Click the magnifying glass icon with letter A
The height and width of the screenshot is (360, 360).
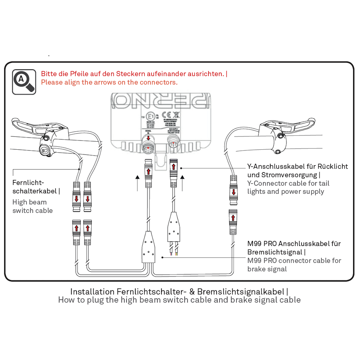(x=24, y=82)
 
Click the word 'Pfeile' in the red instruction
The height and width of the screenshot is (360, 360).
(x=79, y=74)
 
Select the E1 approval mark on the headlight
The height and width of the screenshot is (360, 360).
(x=150, y=116)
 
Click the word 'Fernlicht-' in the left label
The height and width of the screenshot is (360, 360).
(x=28, y=182)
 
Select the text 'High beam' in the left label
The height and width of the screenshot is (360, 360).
(x=29, y=202)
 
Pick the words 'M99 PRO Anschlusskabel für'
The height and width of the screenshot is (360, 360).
(x=294, y=244)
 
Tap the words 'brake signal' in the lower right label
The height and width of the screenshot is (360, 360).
(x=267, y=269)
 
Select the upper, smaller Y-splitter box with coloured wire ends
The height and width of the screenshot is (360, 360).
(x=174, y=227)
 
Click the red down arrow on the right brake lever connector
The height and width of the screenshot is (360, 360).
(x=233, y=192)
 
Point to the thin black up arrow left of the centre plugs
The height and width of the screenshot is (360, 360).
(x=137, y=183)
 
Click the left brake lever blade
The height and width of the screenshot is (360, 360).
(x=24, y=126)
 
